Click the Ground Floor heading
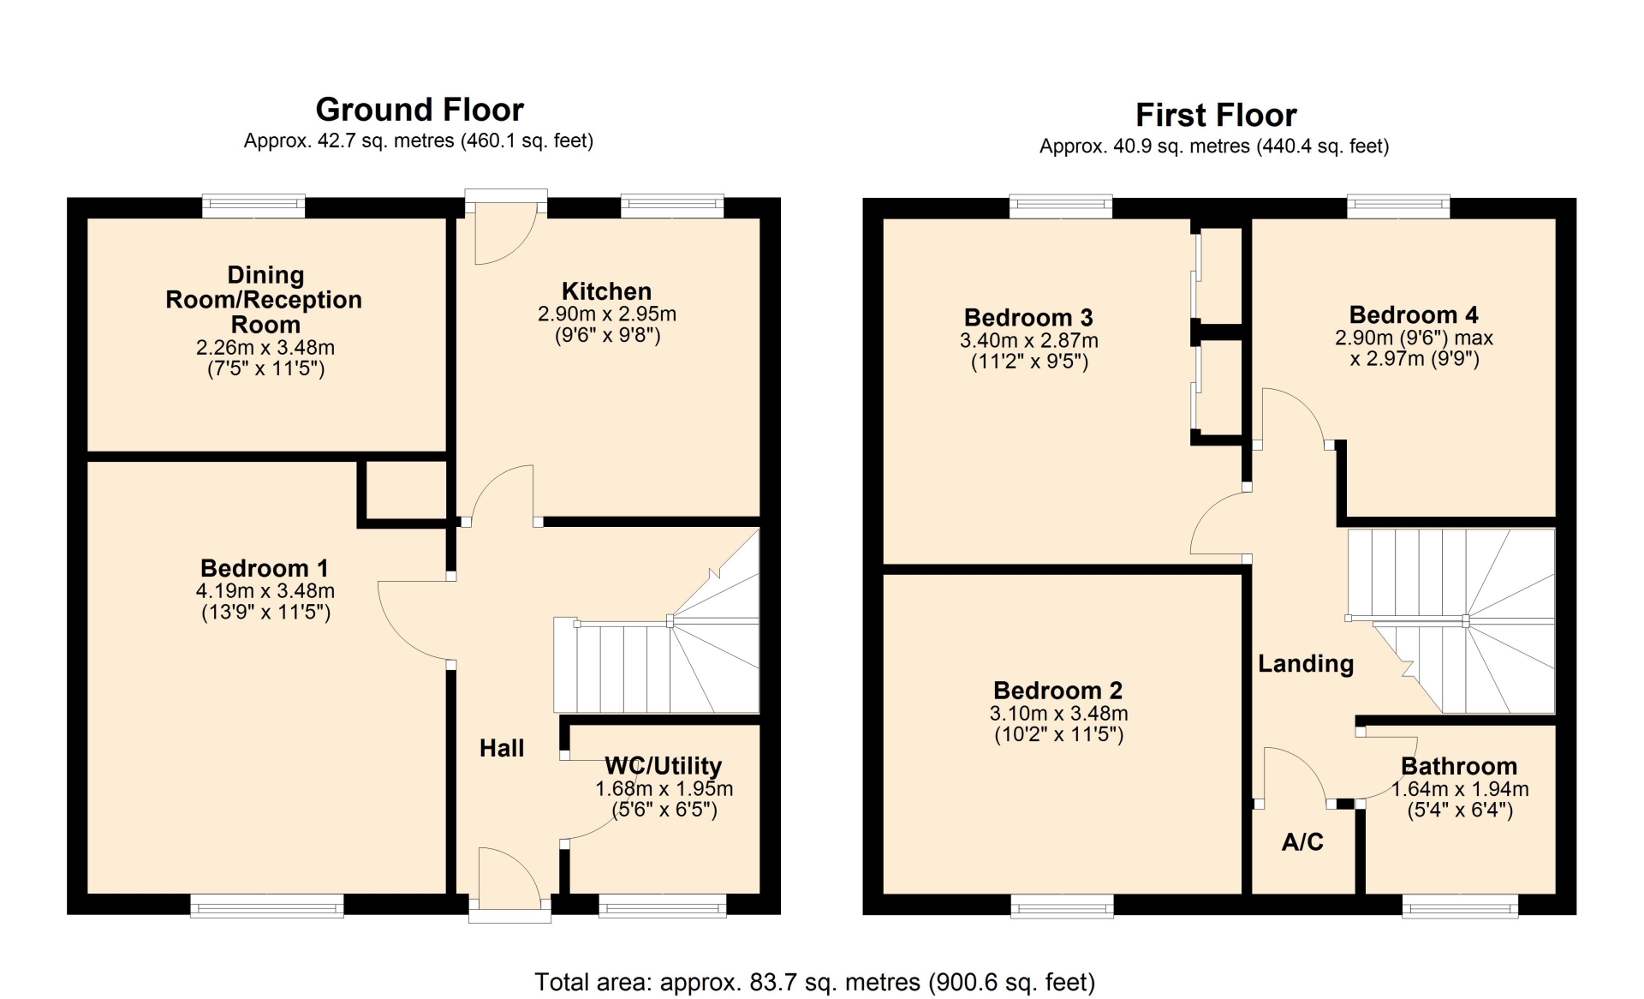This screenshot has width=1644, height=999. pos(420,110)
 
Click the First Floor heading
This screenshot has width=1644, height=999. pos(1216,115)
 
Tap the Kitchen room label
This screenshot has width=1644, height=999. pos(606,291)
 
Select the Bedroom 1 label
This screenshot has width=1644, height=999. pos(265,568)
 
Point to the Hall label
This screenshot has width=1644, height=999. pos(502,748)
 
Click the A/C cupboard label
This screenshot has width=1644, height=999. pos(1302,841)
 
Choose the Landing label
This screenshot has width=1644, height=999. pos(1306,664)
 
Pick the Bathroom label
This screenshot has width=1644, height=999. pos(1459,766)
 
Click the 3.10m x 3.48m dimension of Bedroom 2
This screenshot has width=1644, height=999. pos(1059,713)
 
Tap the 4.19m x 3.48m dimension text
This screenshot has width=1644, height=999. pos(265,590)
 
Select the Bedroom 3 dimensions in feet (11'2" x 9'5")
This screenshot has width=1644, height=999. pos(1029,362)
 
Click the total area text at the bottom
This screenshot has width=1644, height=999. pos(815,982)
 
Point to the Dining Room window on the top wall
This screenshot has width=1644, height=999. pos(253,206)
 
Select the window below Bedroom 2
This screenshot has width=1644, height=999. pos(1063,906)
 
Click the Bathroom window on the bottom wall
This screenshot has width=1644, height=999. pos(1460,906)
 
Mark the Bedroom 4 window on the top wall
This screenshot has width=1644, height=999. pos(1398,206)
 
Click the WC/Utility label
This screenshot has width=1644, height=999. pos(664,766)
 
